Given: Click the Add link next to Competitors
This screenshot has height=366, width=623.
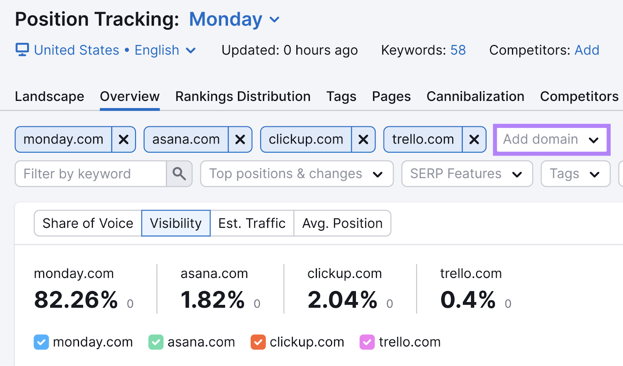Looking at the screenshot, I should point(587,50).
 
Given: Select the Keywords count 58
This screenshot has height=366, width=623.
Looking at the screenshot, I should point(458,50).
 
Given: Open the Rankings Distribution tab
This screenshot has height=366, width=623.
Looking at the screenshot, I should point(243,97).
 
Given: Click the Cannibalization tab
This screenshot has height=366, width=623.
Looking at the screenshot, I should point(475,97).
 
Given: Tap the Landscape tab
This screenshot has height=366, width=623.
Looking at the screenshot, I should point(49,97).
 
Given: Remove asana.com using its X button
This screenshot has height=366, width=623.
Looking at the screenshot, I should point(240,139).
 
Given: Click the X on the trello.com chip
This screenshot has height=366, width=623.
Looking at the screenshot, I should point(474,139).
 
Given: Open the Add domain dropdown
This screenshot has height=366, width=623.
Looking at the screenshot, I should point(551,139).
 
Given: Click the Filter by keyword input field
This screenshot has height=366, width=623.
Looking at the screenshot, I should point(91,174).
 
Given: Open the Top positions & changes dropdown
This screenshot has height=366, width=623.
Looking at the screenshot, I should point(296,174).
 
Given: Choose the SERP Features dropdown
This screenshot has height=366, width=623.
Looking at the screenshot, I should point(466,174).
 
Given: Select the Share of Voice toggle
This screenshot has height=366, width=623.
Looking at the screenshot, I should point(88,223).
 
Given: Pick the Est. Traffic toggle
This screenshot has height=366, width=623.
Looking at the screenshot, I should point(252,223).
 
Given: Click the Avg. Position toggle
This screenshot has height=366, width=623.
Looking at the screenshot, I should point(342,223).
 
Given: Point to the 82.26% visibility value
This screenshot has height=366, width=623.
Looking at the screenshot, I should point(76,300).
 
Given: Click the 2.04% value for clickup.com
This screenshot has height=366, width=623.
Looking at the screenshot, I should point(342,300).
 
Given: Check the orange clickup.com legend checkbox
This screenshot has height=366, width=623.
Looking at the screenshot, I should point(258,342).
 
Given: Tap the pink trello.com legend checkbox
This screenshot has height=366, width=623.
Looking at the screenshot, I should point(367,342).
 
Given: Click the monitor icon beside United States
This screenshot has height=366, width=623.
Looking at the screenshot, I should point(22,50).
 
